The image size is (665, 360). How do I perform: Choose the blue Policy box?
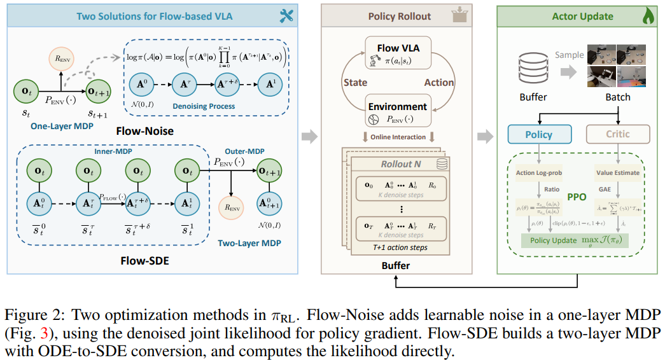click(x=538, y=134)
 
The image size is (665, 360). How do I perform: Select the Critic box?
click(x=618, y=134)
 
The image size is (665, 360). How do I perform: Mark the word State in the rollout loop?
click(x=354, y=82)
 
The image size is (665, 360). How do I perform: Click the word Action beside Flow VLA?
click(x=439, y=82)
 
